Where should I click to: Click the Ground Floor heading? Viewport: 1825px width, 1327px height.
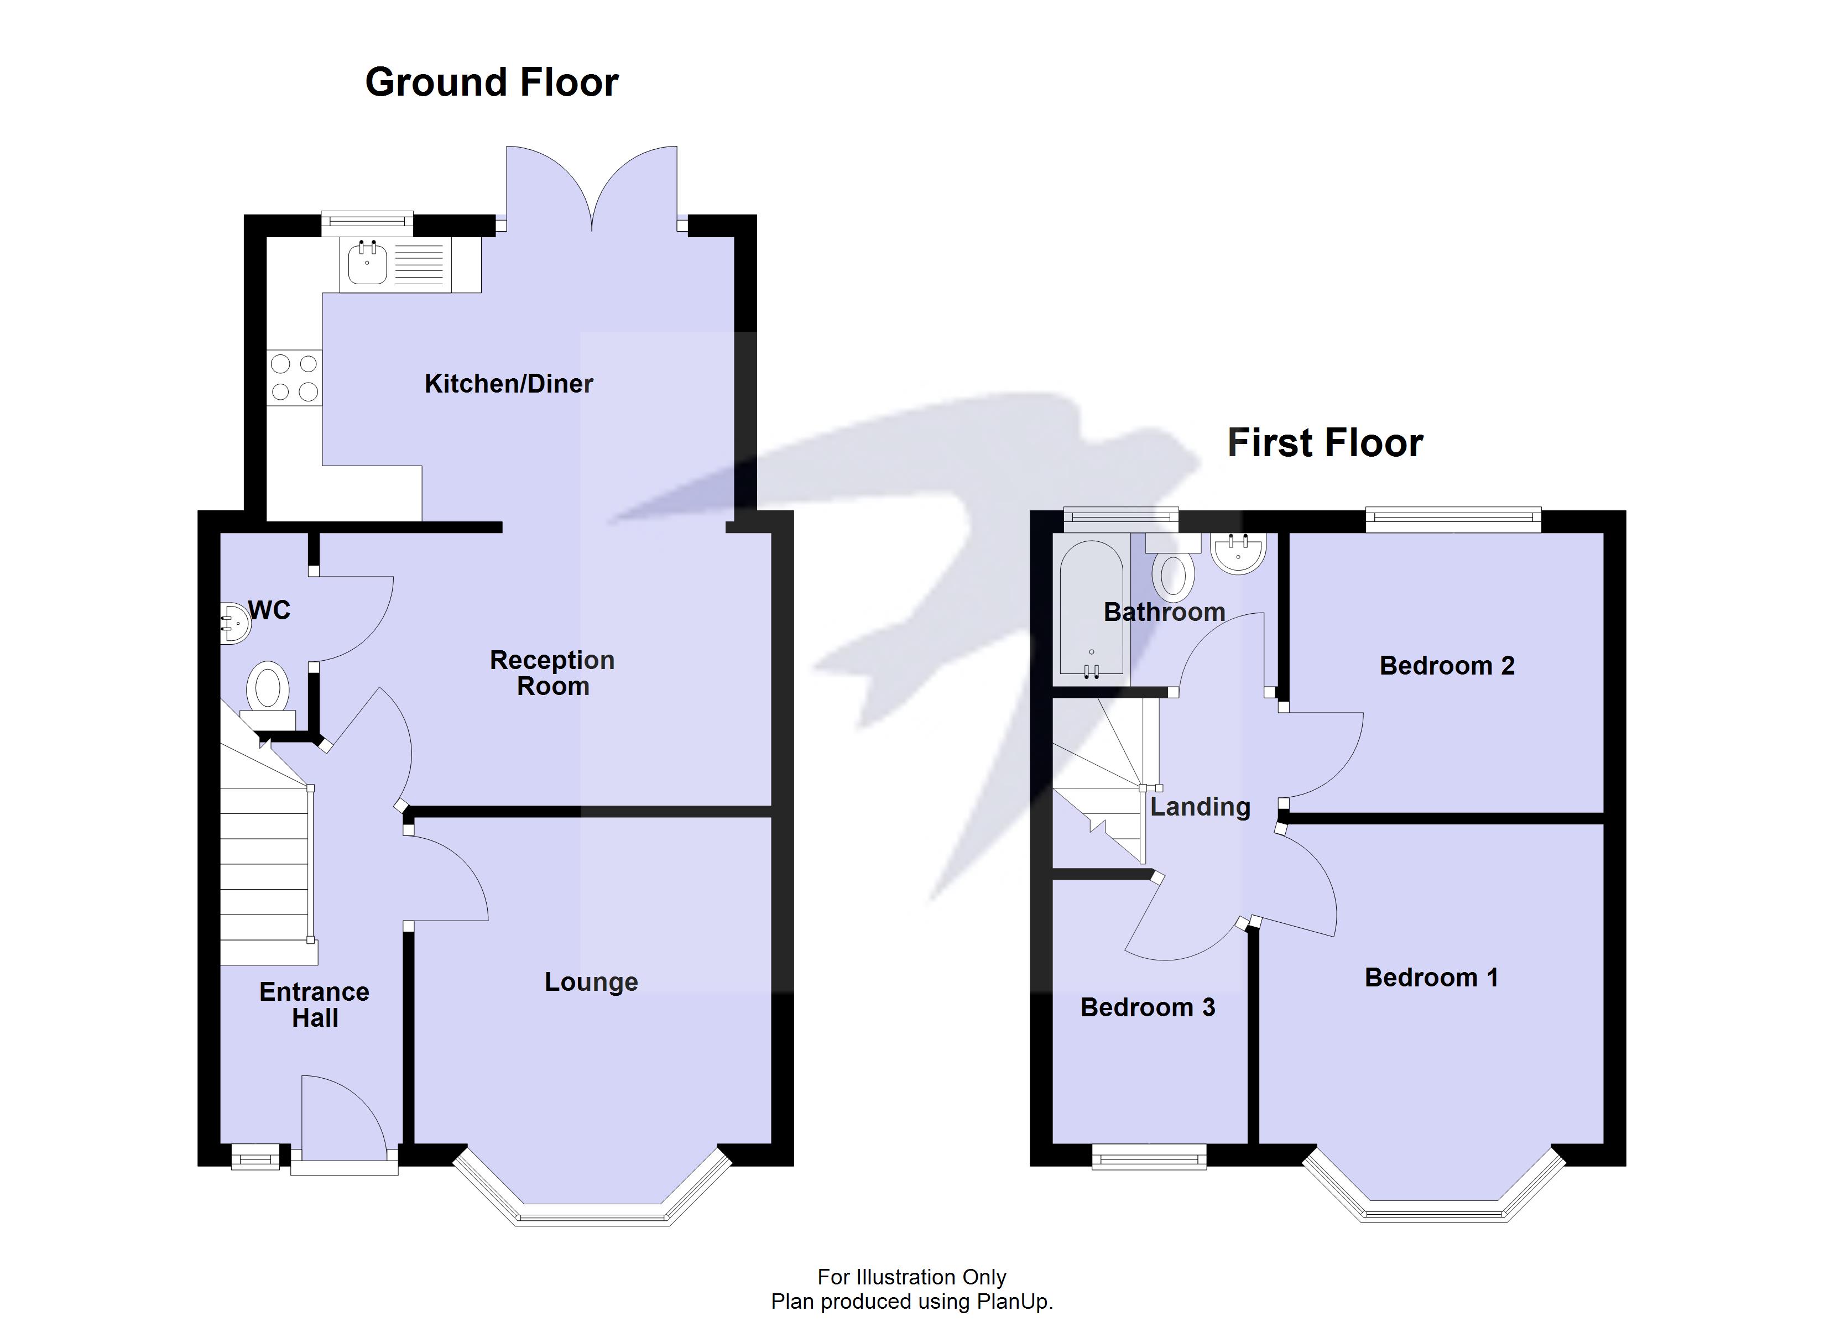[492, 82]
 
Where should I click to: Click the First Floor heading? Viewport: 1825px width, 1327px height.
[1325, 442]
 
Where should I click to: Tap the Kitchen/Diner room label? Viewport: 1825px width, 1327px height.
[509, 384]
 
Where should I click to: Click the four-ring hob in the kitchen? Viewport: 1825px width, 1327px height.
[295, 378]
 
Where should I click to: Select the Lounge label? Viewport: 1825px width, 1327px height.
[591, 982]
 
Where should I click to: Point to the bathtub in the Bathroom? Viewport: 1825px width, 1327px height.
[1091, 608]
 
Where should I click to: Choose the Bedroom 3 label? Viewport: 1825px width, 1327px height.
[1148, 1007]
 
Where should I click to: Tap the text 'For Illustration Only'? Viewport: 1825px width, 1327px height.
[912, 1277]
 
